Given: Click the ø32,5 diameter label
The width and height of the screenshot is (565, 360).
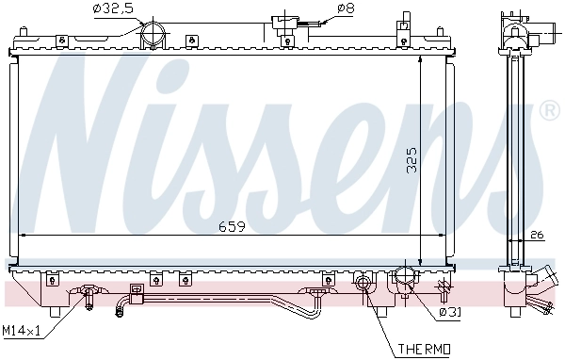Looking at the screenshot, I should (113, 10).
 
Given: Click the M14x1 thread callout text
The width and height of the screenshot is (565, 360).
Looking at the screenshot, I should (22, 332).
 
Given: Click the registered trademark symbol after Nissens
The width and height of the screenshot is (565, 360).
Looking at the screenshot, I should (549, 113).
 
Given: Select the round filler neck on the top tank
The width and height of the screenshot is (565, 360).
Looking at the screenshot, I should (151, 36).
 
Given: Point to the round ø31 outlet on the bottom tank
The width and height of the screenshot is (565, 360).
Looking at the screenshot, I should (404, 279).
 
